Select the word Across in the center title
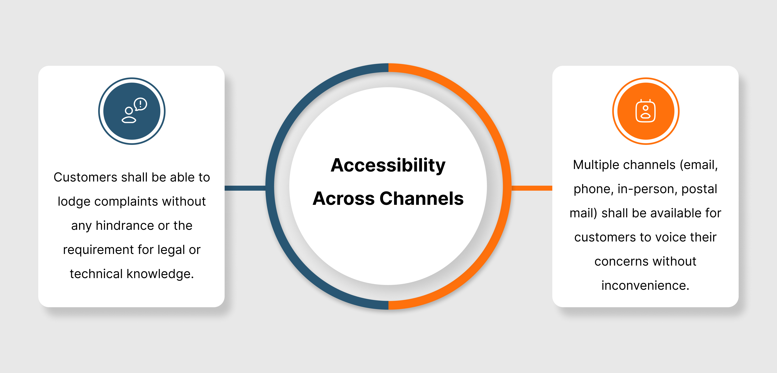click(x=344, y=199)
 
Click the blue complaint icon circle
click(x=132, y=111)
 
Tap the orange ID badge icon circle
click(x=646, y=111)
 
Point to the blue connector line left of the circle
click(x=245, y=188)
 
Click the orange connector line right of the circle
click(x=532, y=188)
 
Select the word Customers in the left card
click(x=85, y=177)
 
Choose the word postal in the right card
click(x=699, y=189)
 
